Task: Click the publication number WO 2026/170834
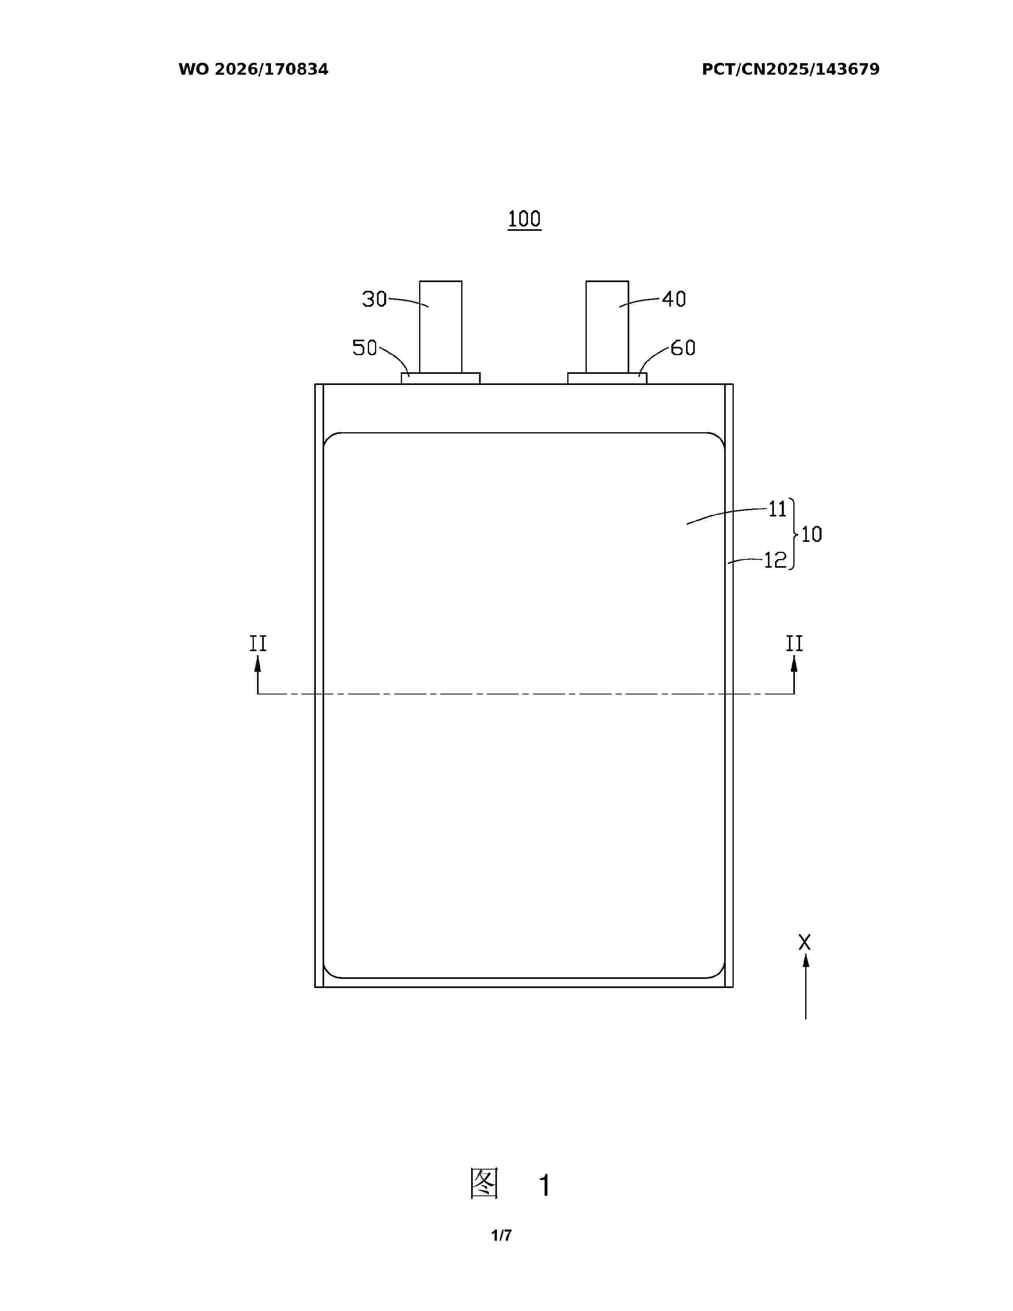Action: (253, 70)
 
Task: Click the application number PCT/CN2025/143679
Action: (791, 70)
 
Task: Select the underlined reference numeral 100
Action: (524, 219)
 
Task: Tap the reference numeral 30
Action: (375, 299)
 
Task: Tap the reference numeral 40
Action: (674, 299)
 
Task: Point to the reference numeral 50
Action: (364, 348)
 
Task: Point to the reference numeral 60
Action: (683, 348)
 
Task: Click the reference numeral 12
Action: (775, 560)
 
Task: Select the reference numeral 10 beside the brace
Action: (811, 534)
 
